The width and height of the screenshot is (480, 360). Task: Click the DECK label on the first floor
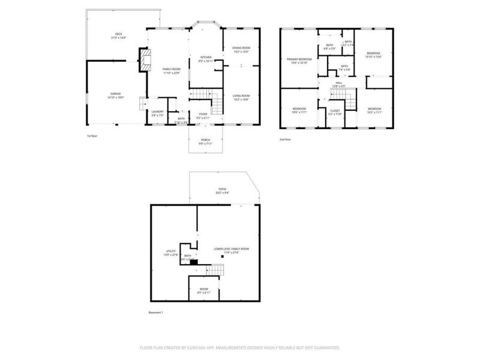point(119,34)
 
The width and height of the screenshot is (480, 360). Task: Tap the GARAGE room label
point(116,94)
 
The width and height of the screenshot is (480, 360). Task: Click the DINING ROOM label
point(241,48)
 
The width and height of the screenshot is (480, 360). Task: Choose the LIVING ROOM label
point(241,96)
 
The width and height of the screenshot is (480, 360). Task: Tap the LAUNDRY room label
point(157,111)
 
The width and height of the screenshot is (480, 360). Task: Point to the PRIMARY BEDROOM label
point(299,59)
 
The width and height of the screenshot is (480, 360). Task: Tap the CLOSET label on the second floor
point(335,111)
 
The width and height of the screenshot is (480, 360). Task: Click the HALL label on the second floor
point(338,83)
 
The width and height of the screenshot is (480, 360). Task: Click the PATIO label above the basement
point(223,189)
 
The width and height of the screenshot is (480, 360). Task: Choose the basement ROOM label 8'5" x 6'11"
point(204,289)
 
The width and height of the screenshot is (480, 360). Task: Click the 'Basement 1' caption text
point(156,313)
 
